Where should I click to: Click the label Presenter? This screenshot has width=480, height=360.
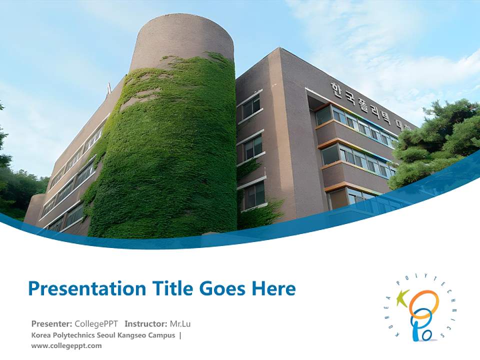52,323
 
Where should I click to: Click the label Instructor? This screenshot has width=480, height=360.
146,323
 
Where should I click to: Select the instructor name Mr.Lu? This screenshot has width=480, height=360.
180,323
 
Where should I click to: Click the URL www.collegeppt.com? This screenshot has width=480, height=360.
66,345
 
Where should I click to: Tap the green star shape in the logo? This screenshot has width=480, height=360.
403,299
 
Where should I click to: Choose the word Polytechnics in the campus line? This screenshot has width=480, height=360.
72,335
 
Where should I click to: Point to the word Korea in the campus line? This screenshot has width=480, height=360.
40,335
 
